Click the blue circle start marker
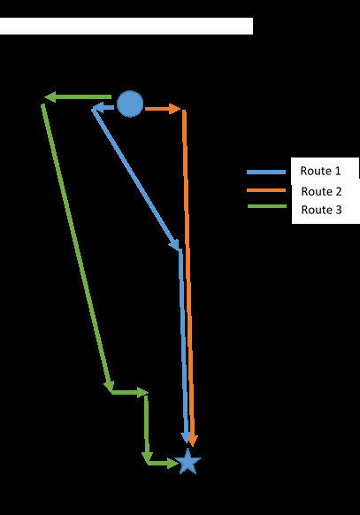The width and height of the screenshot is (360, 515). (130, 104)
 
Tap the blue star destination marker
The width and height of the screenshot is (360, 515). (188, 461)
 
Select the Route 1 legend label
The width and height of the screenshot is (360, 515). (320, 171)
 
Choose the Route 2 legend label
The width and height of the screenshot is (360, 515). (321, 191)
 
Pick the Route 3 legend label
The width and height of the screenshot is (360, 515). (321, 210)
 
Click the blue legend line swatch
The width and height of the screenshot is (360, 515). (266, 172)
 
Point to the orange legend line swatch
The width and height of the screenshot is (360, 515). (266, 190)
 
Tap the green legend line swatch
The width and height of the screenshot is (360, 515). (267, 206)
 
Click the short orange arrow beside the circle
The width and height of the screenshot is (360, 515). (163, 109)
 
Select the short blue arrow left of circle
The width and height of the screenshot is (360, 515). (103, 107)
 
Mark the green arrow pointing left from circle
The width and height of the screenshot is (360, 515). (78, 96)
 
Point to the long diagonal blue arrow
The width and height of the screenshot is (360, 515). (135, 179)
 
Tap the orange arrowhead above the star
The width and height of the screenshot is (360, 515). (193, 441)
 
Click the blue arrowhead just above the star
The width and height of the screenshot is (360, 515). (186, 437)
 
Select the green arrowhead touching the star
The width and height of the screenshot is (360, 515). (173, 463)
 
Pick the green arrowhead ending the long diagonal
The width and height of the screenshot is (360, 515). (110, 387)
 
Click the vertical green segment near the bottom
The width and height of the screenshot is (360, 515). (146, 427)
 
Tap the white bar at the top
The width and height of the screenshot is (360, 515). (126, 26)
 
